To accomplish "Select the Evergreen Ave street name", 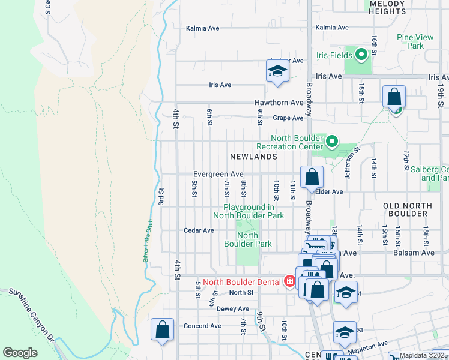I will [x=217, y=174].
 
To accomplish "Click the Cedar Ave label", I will [x=199, y=230].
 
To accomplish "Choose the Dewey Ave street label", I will [x=232, y=308].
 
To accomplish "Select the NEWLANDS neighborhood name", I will [x=253, y=157].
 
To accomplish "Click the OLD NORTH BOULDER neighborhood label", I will [x=408, y=210].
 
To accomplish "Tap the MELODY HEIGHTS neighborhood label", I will [x=388, y=7].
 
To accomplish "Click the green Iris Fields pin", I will [x=361, y=56].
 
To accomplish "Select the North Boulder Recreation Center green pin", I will [x=332, y=142].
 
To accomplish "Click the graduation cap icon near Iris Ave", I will [x=277, y=71].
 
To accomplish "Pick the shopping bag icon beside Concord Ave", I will [x=162, y=329].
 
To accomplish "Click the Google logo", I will [x=20, y=353].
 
